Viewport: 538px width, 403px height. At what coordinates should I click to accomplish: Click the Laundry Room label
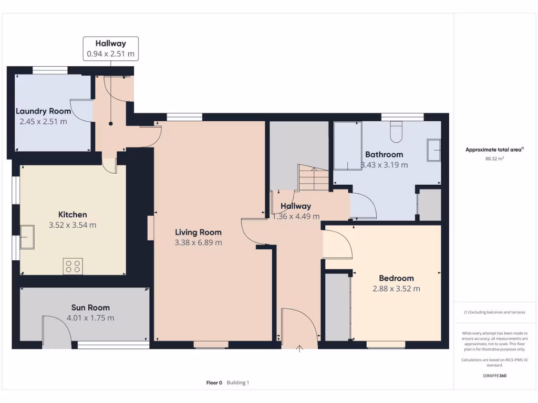(43, 111)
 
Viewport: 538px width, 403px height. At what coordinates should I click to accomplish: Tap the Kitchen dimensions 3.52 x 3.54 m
(73, 225)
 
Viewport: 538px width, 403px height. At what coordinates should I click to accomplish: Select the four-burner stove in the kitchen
(73, 266)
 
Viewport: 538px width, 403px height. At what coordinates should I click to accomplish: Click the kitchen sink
(27, 233)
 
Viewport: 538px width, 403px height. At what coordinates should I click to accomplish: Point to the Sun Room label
(90, 307)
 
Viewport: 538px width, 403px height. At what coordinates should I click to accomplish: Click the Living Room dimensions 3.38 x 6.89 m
(198, 242)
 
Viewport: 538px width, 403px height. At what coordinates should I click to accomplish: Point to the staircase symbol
(314, 177)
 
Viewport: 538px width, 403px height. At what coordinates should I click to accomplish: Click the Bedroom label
(396, 278)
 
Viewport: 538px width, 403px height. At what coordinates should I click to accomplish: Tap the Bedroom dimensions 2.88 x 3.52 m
(396, 289)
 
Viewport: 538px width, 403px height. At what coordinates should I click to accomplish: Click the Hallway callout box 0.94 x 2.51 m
(110, 48)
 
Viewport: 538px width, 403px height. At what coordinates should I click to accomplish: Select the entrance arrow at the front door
(300, 348)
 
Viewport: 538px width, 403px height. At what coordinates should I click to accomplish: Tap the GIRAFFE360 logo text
(494, 376)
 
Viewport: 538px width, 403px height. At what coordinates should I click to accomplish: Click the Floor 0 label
(214, 383)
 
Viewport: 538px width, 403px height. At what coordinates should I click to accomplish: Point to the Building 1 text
(238, 383)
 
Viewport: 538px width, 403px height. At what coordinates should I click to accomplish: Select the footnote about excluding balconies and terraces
(494, 312)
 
